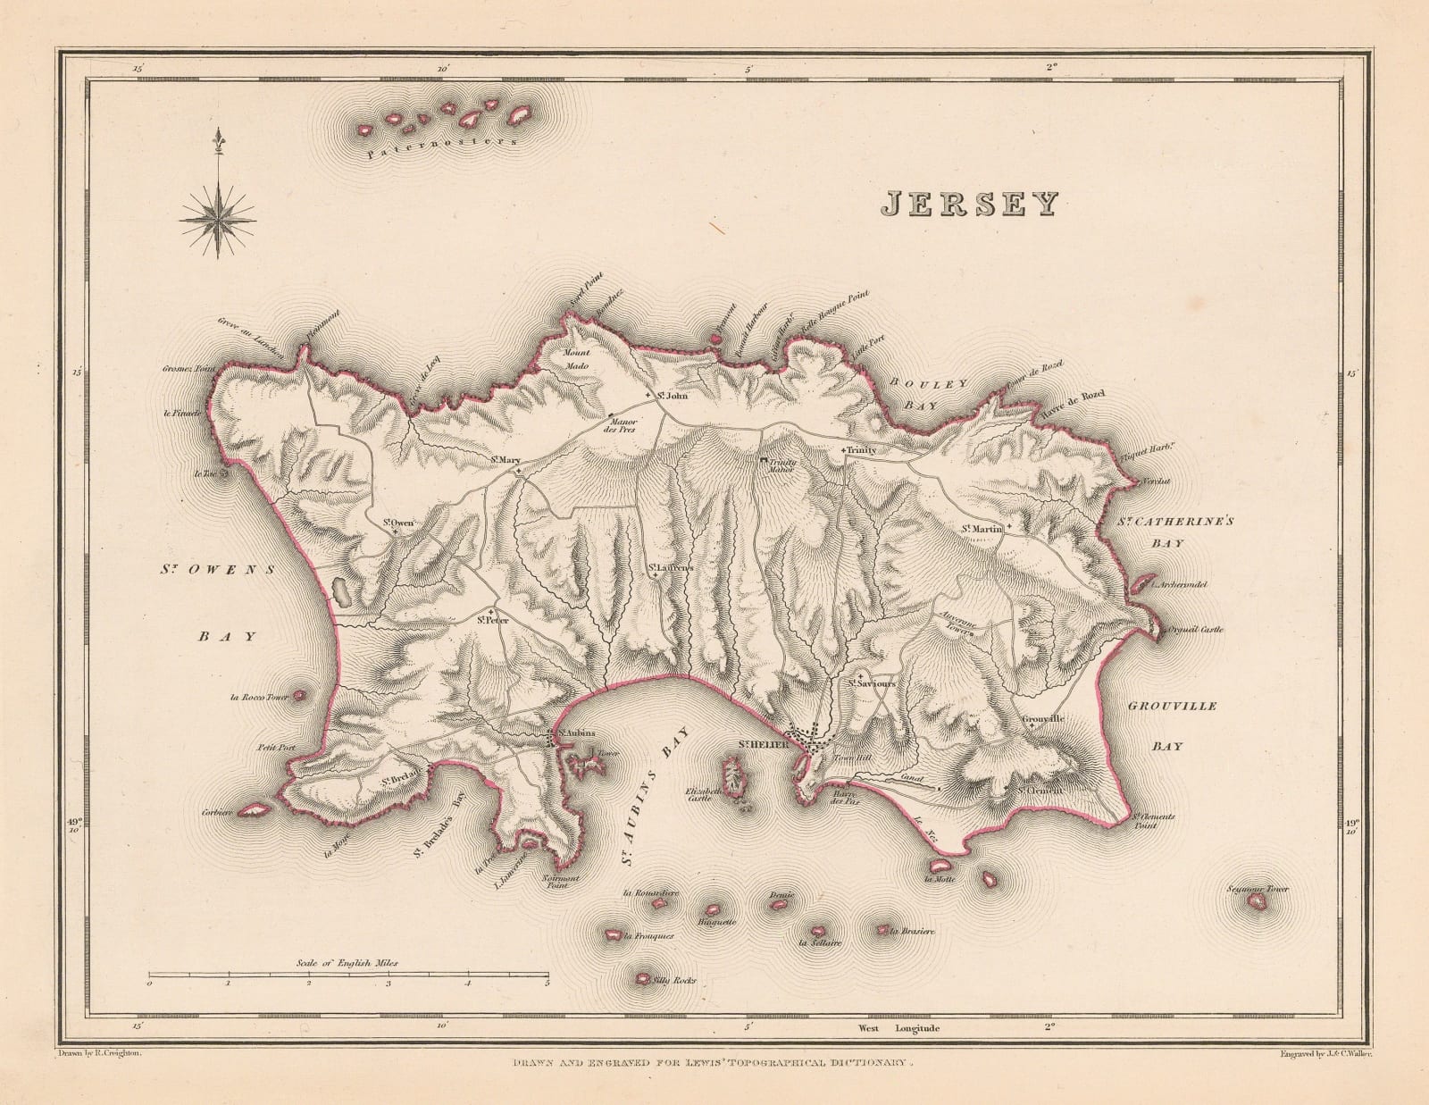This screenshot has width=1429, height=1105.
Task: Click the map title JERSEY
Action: click(968, 205)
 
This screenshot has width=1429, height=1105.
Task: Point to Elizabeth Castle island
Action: click(734, 774)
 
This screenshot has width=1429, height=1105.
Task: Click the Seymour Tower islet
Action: click(1260, 902)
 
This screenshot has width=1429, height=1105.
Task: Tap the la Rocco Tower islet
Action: click(300, 694)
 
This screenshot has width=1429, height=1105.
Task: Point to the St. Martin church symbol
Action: click(1008, 528)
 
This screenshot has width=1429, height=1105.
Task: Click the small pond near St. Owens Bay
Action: click(339, 590)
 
